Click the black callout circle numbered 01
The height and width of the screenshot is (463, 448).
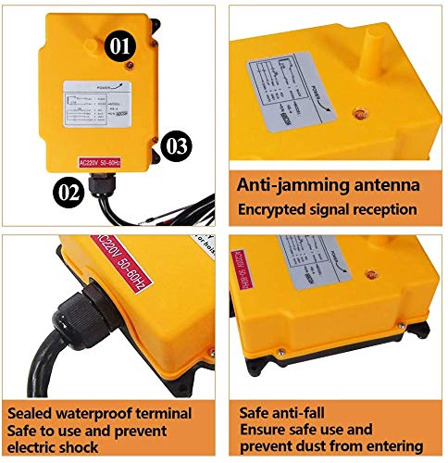coord(121,43)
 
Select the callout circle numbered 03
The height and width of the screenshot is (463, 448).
coord(178,145)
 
